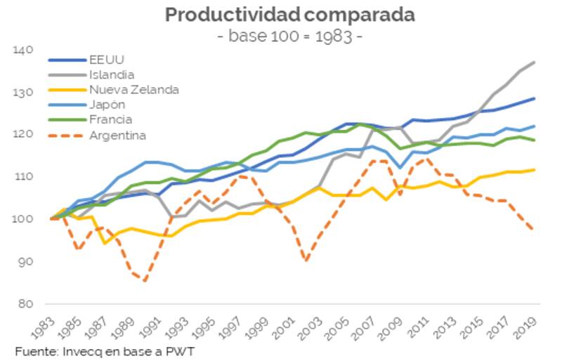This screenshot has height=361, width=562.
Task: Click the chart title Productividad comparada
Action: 289,15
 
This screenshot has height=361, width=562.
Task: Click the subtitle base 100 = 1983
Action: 289,36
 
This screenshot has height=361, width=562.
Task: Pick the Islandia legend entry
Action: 112,74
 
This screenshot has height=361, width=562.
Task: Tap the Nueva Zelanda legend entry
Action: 133,89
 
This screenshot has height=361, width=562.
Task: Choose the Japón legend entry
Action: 107,105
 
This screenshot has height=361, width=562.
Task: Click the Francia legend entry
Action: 110,119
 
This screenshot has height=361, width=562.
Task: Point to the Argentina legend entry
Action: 117,135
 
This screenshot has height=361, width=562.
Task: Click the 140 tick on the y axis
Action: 23,51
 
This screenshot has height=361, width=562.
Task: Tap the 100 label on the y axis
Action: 23,219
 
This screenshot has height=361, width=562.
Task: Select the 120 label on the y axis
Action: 23,135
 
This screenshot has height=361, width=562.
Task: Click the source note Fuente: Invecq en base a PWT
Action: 105,350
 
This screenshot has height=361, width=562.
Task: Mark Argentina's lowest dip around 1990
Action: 145,281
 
